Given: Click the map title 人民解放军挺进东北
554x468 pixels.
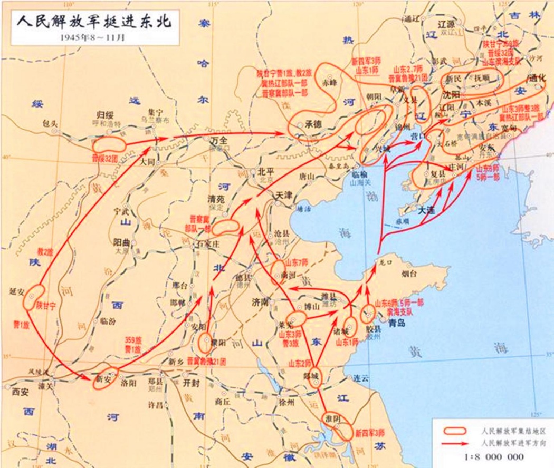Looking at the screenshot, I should [95, 23].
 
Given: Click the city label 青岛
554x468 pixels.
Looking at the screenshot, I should [396, 324].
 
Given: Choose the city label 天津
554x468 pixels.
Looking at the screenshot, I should [283, 195].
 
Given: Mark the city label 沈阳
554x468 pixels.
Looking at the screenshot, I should [452, 95].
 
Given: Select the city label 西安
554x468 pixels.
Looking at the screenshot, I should [20, 392].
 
